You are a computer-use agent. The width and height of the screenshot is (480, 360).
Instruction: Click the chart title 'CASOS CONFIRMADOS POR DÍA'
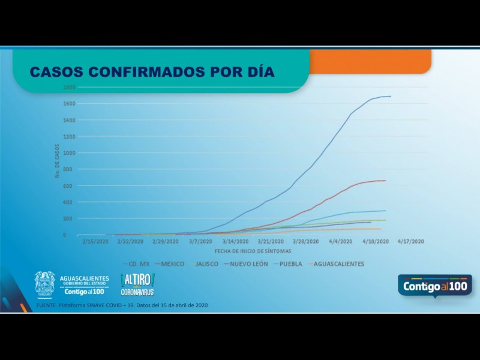coord(152,72)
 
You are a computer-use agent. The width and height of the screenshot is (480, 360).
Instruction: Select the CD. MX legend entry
coord(137,263)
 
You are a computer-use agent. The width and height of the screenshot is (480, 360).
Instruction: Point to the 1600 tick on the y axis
coord(70,104)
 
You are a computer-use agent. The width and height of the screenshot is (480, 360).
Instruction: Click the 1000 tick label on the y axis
coord(70,153)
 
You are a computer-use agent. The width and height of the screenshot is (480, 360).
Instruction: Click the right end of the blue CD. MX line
coord(391,96)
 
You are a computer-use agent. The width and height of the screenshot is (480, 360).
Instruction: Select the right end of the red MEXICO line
coord(385,181)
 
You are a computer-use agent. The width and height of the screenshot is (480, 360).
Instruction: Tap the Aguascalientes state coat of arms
coord(45,284)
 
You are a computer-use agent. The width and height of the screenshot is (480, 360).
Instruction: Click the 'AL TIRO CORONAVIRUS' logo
coord(137,284)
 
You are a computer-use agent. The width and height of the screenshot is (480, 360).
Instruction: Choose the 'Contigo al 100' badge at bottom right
coord(434,286)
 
